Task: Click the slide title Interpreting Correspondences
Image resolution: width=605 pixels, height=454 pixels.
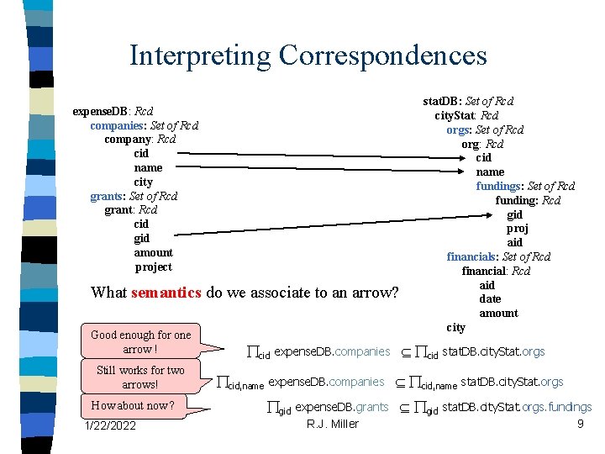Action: point(308,55)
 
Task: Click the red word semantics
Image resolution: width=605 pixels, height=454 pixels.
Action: point(166,293)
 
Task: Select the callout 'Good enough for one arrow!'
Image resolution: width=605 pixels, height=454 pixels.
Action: point(140,341)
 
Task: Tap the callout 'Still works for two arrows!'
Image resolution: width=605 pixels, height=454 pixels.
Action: point(140,377)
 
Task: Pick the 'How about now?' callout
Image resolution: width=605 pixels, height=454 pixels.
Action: point(133,406)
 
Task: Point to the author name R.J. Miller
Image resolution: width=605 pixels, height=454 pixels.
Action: point(333,424)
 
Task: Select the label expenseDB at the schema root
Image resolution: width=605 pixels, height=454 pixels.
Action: point(99,111)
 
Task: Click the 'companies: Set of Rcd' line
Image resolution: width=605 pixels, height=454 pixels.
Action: point(144,125)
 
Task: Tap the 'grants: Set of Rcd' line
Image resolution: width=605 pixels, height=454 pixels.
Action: point(134,196)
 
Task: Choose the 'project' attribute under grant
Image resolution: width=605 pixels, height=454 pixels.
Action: point(153,267)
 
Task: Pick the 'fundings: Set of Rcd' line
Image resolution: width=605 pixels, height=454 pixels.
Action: point(525,186)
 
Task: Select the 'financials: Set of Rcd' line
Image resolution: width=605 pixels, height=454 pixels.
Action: point(498,256)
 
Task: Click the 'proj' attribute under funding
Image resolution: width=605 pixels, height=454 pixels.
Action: point(517,228)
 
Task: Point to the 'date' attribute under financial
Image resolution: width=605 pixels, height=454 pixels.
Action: point(490,298)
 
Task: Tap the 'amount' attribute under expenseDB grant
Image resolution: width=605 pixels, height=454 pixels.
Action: point(153,252)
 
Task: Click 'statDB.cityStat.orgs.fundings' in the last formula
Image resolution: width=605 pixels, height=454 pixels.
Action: point(516,408)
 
